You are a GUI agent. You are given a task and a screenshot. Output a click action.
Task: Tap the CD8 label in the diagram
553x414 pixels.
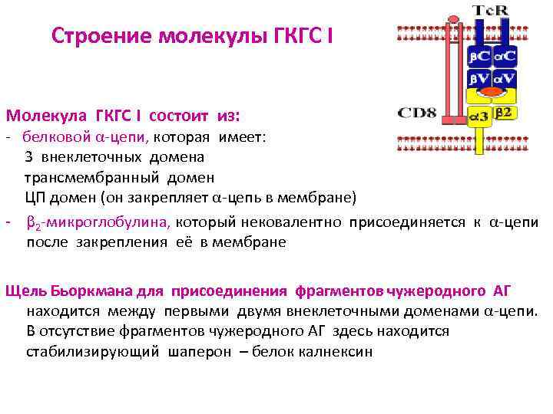[417, 113]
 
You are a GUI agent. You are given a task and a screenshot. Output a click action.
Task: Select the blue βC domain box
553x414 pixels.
[480, 57]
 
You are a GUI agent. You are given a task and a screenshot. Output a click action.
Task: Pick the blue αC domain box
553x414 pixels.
[505, 57]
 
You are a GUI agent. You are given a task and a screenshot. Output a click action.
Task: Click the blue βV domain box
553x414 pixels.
[480, 78]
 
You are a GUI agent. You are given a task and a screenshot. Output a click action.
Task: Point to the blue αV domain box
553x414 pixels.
[505, 78]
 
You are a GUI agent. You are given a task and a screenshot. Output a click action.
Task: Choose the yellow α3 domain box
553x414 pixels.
[479, 116]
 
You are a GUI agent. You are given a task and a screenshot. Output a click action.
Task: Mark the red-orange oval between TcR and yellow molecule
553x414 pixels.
[492, 92]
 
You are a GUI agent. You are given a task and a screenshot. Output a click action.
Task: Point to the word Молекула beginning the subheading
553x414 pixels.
[47, 116]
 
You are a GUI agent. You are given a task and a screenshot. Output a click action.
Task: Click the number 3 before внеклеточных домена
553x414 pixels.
[28, 157]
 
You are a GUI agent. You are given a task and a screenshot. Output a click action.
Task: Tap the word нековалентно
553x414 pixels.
[293, 222]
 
